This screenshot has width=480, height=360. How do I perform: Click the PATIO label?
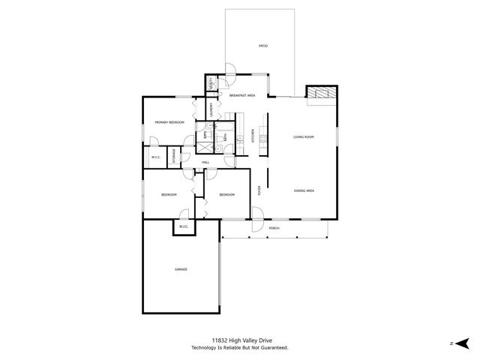263,46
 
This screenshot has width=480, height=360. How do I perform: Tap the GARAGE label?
181,269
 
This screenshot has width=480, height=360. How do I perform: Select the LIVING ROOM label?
303,136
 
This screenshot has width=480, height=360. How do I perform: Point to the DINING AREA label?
304,190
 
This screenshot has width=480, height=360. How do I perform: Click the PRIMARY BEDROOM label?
169,121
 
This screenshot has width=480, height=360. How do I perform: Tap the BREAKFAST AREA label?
242,95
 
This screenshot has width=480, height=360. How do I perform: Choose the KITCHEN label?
253,136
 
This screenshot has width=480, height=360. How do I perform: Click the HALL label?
205,162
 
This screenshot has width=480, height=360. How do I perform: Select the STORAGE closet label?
175,156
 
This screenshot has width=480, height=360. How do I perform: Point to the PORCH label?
274,228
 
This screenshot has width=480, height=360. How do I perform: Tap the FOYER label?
259,190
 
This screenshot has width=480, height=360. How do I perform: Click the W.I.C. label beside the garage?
183,226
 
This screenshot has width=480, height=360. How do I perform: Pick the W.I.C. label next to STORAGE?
155,157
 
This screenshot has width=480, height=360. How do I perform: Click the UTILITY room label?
212,85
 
